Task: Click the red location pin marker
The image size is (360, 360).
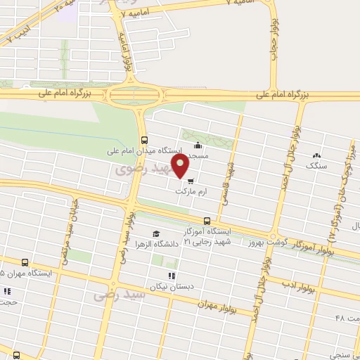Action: tap(182, 167)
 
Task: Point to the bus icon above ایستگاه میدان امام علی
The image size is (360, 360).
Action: tap(144, 139)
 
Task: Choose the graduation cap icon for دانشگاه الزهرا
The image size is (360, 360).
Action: tap(155, 234)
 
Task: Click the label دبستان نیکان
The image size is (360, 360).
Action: tap(163, 285)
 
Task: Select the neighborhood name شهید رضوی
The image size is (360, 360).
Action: tap(133, 169)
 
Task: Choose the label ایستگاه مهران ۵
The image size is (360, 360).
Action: tap(23, 272)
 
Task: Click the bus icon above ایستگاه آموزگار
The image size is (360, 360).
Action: tap(206, 220)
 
